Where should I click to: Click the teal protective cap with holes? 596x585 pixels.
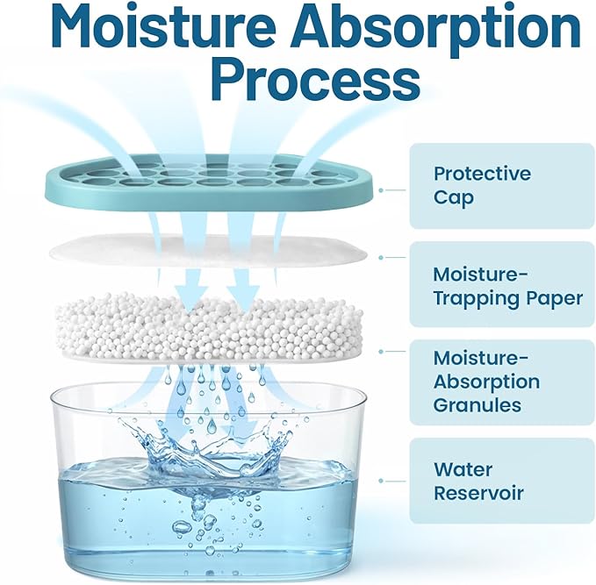tap(212, 182)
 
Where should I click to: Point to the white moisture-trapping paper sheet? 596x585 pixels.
tap(208, 250)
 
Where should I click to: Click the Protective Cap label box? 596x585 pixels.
tap(502, 186)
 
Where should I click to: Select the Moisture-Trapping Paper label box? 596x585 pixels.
tap(502, 284)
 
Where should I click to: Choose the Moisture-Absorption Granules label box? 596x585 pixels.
tap(502, 382)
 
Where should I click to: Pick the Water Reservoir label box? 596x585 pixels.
tap(502, 481)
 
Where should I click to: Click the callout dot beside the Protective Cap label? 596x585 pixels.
tap(381, 190)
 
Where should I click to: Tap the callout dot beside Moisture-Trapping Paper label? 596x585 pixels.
tap(381, 258)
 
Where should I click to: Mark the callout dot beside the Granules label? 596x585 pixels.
tap(381, 352)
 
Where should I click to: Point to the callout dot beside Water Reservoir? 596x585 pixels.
tap(381, 481)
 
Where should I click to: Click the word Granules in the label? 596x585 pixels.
tap(478, 405)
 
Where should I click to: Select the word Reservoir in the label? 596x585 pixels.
tap(478, 494)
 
